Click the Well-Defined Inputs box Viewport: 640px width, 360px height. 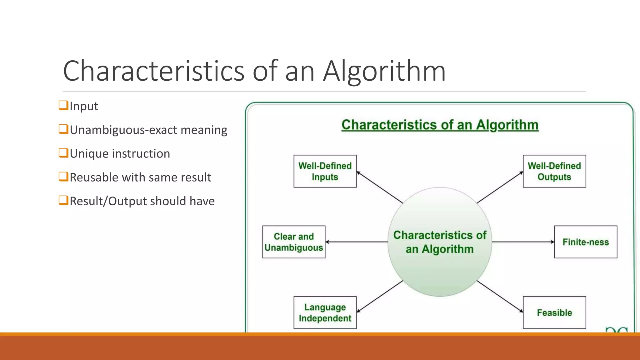(x=325, y=171)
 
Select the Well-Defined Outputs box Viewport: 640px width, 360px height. (x=554, y=171)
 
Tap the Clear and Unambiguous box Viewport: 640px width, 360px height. (x=294, y=242)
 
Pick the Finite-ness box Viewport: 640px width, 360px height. (x=586, y=242)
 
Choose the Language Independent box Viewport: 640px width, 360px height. (x=325, y=312)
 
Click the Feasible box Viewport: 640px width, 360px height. (x=554, y=312)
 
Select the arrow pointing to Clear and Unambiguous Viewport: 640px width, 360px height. (x=356, y=242)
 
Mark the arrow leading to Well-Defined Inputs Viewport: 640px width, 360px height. (x=380, y=187)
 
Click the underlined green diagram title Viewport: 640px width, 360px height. (x=440, y=125)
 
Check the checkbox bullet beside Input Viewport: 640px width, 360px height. (x=63, y=105)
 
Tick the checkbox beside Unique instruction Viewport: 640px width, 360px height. (x=63, y=153)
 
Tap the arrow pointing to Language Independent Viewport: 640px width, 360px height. (x=380, y=296)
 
